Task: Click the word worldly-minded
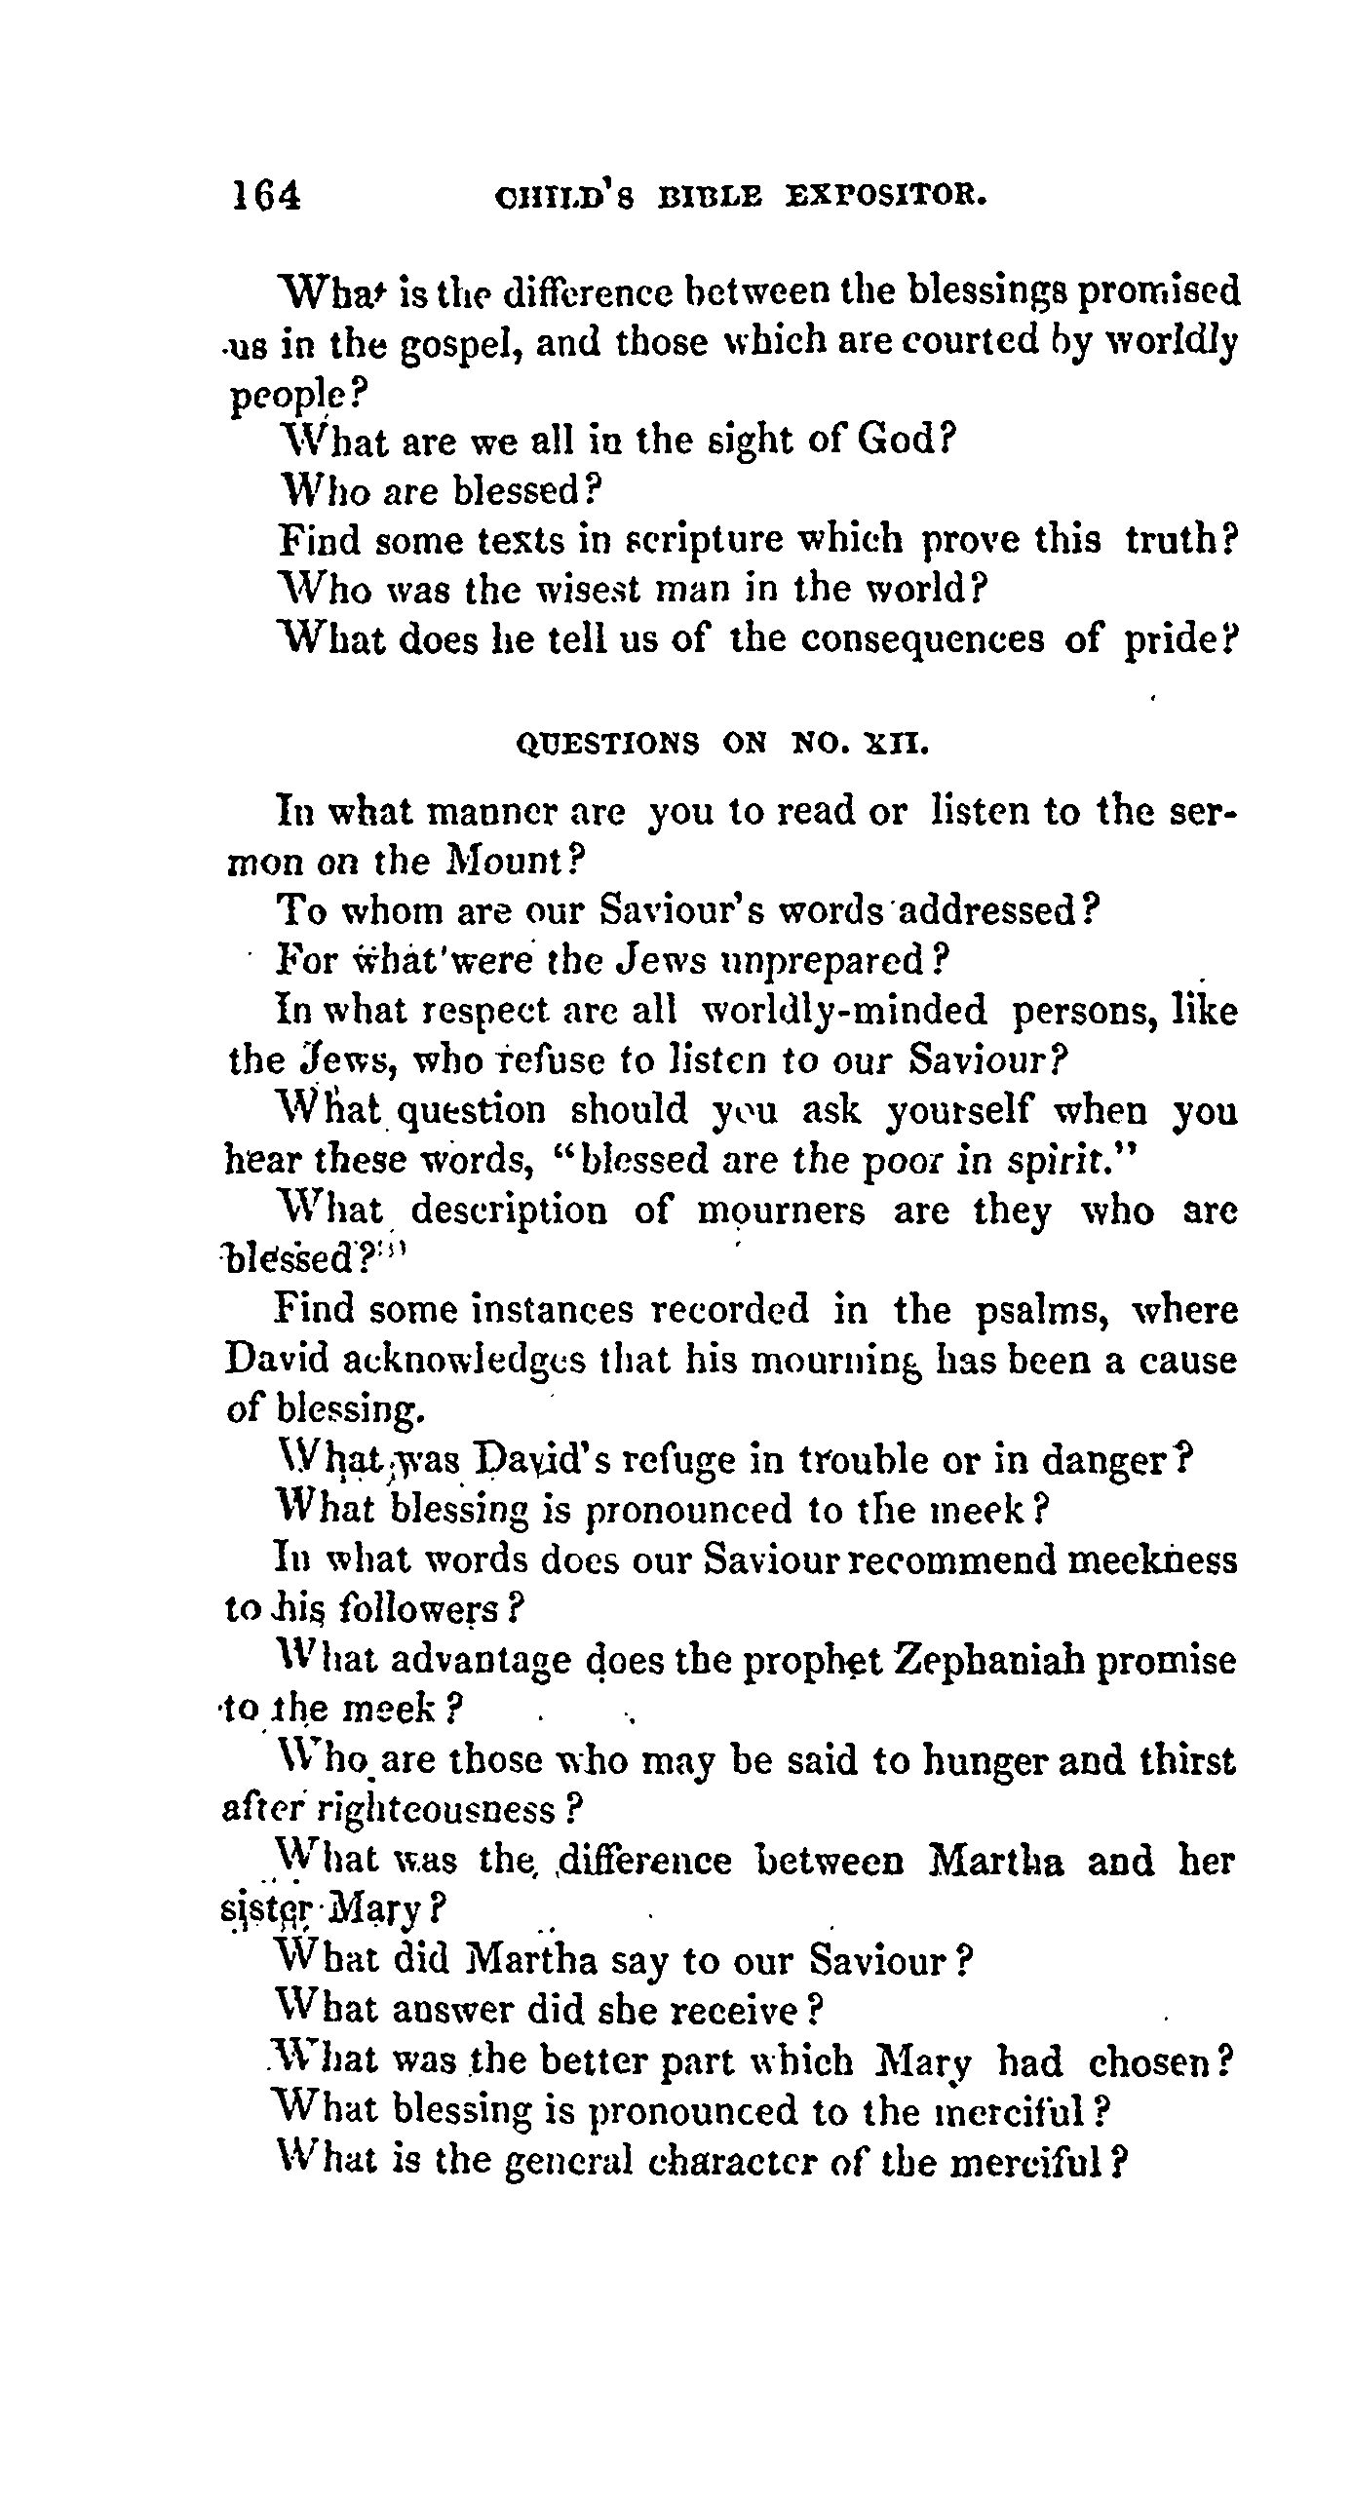[x=844, y=1011]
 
